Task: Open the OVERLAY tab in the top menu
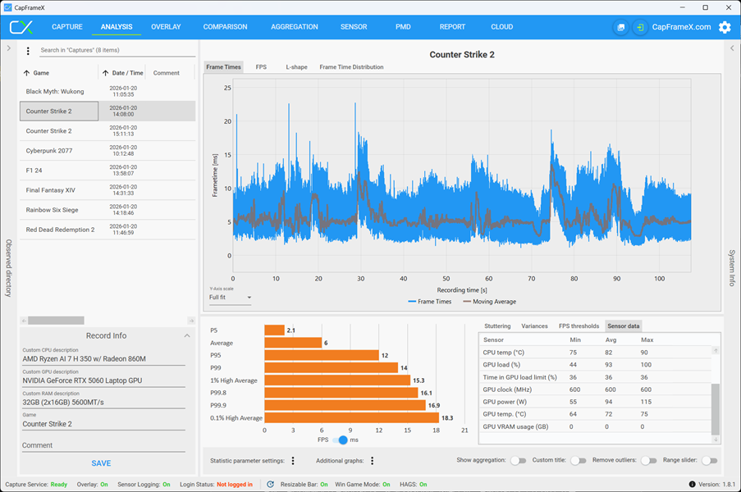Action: (166, 27)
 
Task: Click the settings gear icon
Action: (725, 27)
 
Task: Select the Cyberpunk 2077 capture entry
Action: (49, 151)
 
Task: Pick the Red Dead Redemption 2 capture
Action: (60, 230)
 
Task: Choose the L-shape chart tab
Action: (296, 67)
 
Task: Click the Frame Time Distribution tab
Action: (351, 67)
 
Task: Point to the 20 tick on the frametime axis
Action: (228, 121)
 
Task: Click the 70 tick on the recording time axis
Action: (531, 279)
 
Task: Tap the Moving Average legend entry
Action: (490, 302)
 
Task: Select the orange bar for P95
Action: (322, 355)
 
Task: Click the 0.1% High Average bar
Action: (351, 418)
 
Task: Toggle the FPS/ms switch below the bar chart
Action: (340, 440)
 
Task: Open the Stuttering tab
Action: (497, 326)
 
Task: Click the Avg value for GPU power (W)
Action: (610, 402)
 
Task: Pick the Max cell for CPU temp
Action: (644, 353)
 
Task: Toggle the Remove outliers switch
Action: (649, 460)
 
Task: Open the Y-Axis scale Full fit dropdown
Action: (230, 298)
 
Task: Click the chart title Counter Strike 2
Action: (462, 55)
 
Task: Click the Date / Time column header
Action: (127, 73)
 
